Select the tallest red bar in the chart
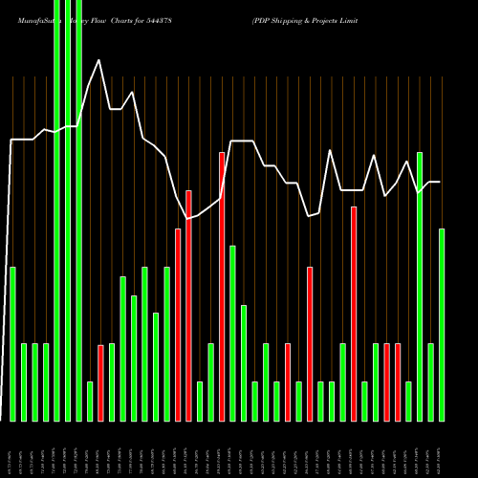[222, 287]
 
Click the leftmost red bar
[100, 382]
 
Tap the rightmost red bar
[398, 382]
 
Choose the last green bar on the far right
[442, 325]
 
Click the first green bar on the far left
[12, 344]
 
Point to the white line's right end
[440, 182]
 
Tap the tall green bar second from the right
[420, 287]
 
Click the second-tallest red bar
[188, 306]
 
